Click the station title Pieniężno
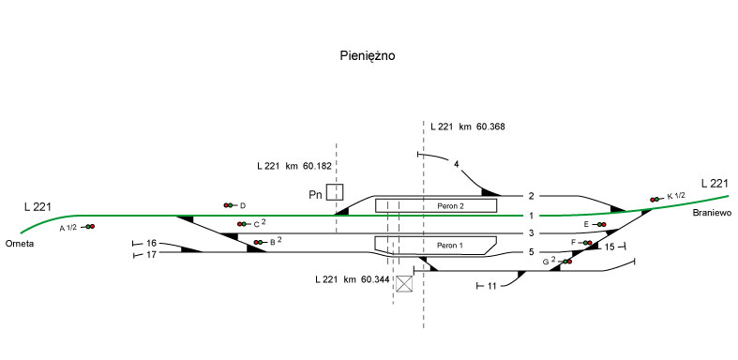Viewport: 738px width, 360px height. click(368, 56)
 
